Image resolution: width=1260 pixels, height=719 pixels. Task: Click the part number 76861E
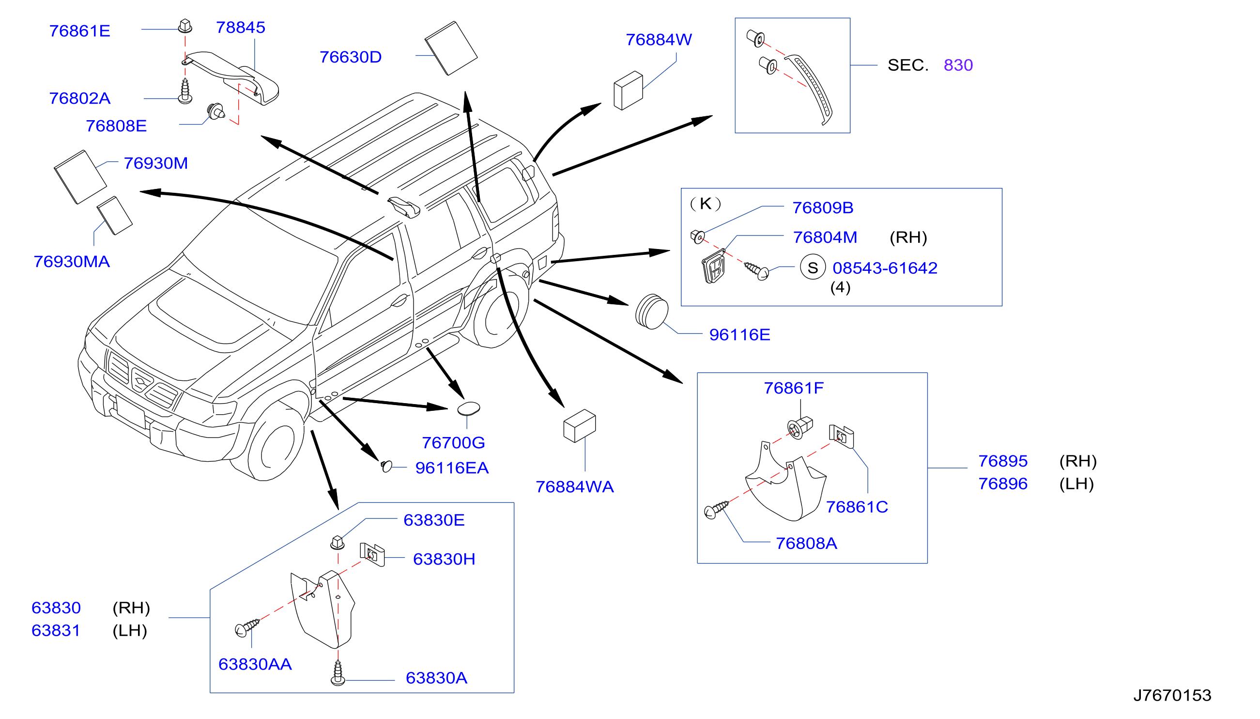79,31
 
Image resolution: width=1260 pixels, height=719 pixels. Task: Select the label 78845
240,28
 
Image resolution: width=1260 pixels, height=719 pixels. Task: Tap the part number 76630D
351,57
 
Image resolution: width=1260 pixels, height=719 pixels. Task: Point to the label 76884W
659,40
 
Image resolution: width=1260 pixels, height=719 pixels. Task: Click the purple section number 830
957,65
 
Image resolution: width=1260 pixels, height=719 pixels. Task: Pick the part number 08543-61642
884,268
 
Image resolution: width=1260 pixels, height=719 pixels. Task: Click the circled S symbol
813,267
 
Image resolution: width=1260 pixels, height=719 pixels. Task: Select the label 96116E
739,335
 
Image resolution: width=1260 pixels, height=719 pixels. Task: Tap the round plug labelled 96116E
651,312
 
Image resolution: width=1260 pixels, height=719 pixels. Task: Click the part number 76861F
794,388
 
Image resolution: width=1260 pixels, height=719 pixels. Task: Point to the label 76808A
806,543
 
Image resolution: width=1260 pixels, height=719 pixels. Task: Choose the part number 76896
1002,484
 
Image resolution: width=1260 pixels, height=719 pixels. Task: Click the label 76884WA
574,487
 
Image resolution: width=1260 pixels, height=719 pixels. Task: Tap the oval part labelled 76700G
468,408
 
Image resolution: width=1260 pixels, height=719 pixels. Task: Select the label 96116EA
452,468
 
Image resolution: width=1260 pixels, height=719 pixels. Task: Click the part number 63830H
444,559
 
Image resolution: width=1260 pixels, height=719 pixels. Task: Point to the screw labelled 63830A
338,672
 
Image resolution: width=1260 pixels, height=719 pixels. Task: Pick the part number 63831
55,631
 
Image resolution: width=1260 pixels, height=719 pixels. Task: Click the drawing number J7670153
1172,695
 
